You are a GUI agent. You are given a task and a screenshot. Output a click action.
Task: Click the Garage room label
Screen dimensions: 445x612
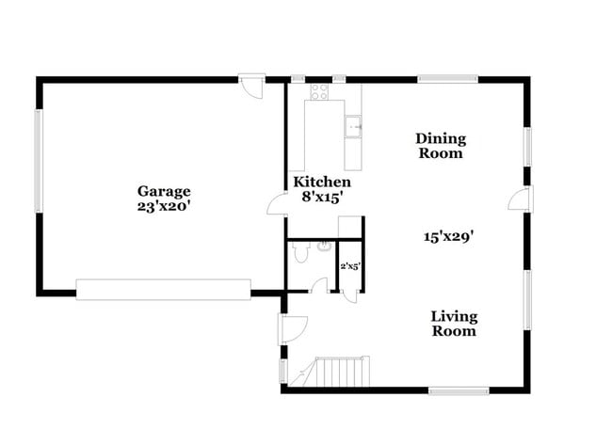[x=163, y=190]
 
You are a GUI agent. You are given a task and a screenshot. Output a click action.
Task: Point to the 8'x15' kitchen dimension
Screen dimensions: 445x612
[x=321, y=197]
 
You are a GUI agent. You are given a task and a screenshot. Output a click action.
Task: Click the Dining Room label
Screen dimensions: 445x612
[x=441, y=146]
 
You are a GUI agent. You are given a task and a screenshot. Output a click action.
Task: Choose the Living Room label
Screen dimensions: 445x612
[x=453, y=324]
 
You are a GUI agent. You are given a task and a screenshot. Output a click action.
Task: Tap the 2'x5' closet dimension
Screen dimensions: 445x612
[x=350, y=267]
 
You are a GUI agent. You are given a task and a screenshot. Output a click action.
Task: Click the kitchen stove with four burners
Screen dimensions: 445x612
[x=319, y=92]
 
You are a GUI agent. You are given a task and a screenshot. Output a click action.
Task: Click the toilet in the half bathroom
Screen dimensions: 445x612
[x=300, y=252]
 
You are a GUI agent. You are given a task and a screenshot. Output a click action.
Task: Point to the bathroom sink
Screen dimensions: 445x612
[x=324, y=247]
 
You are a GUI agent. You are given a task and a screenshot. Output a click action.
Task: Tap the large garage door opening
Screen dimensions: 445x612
[x=163, y=289]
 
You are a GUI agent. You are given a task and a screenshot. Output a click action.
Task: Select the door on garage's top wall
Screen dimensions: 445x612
[x=250, y=87]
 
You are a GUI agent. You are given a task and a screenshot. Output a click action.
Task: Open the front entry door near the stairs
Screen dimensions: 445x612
[x=291, y=328]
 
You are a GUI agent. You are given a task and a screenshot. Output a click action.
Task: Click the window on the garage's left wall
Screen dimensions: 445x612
[x=39, y=161]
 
